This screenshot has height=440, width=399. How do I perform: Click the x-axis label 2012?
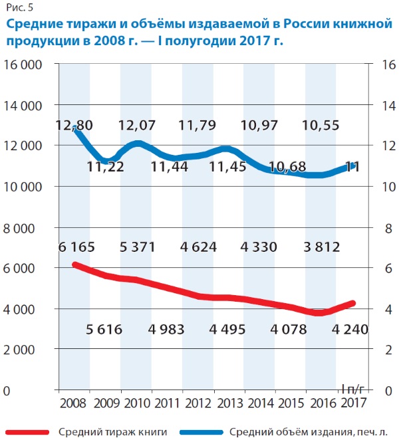[198, 403]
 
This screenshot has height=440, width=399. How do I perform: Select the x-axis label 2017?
[353, 403]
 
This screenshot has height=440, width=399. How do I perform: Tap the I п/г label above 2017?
[353, 388]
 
